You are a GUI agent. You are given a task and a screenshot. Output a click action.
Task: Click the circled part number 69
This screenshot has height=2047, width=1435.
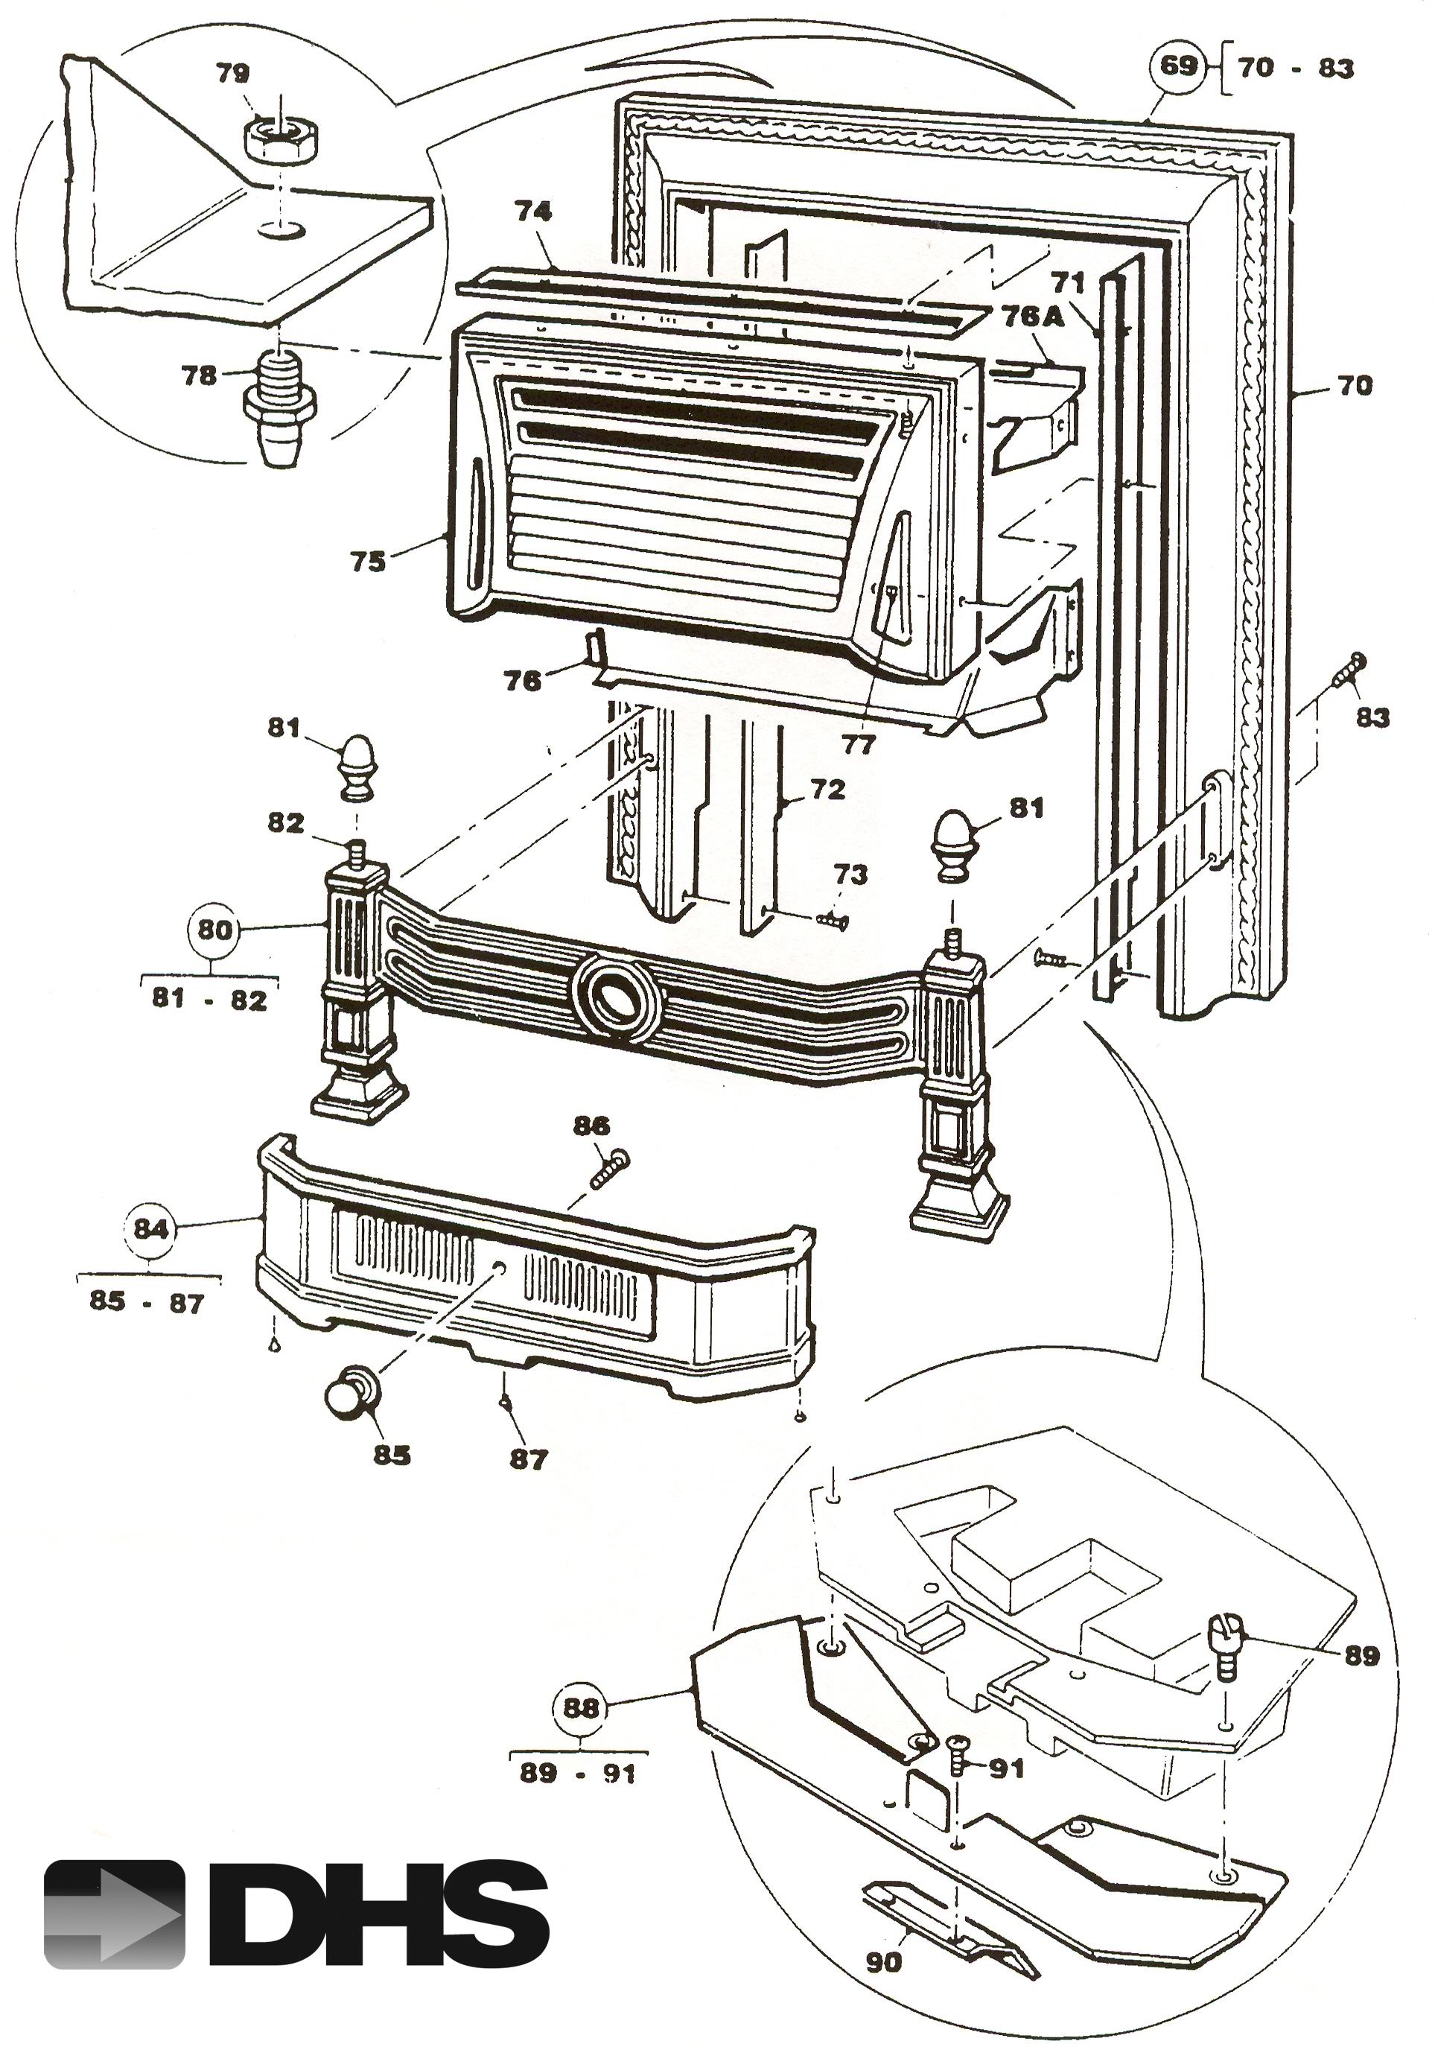pos(1177,67)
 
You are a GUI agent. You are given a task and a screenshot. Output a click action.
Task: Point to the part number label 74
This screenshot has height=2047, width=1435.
pos(532,212)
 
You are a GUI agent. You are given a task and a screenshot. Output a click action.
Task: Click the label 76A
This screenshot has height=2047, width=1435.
pos(1032,317)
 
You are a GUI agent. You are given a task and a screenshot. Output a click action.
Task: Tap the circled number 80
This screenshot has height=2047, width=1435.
pos(213,929)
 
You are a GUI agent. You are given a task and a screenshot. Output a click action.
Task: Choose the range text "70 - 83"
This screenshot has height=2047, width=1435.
pos(1296,68)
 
